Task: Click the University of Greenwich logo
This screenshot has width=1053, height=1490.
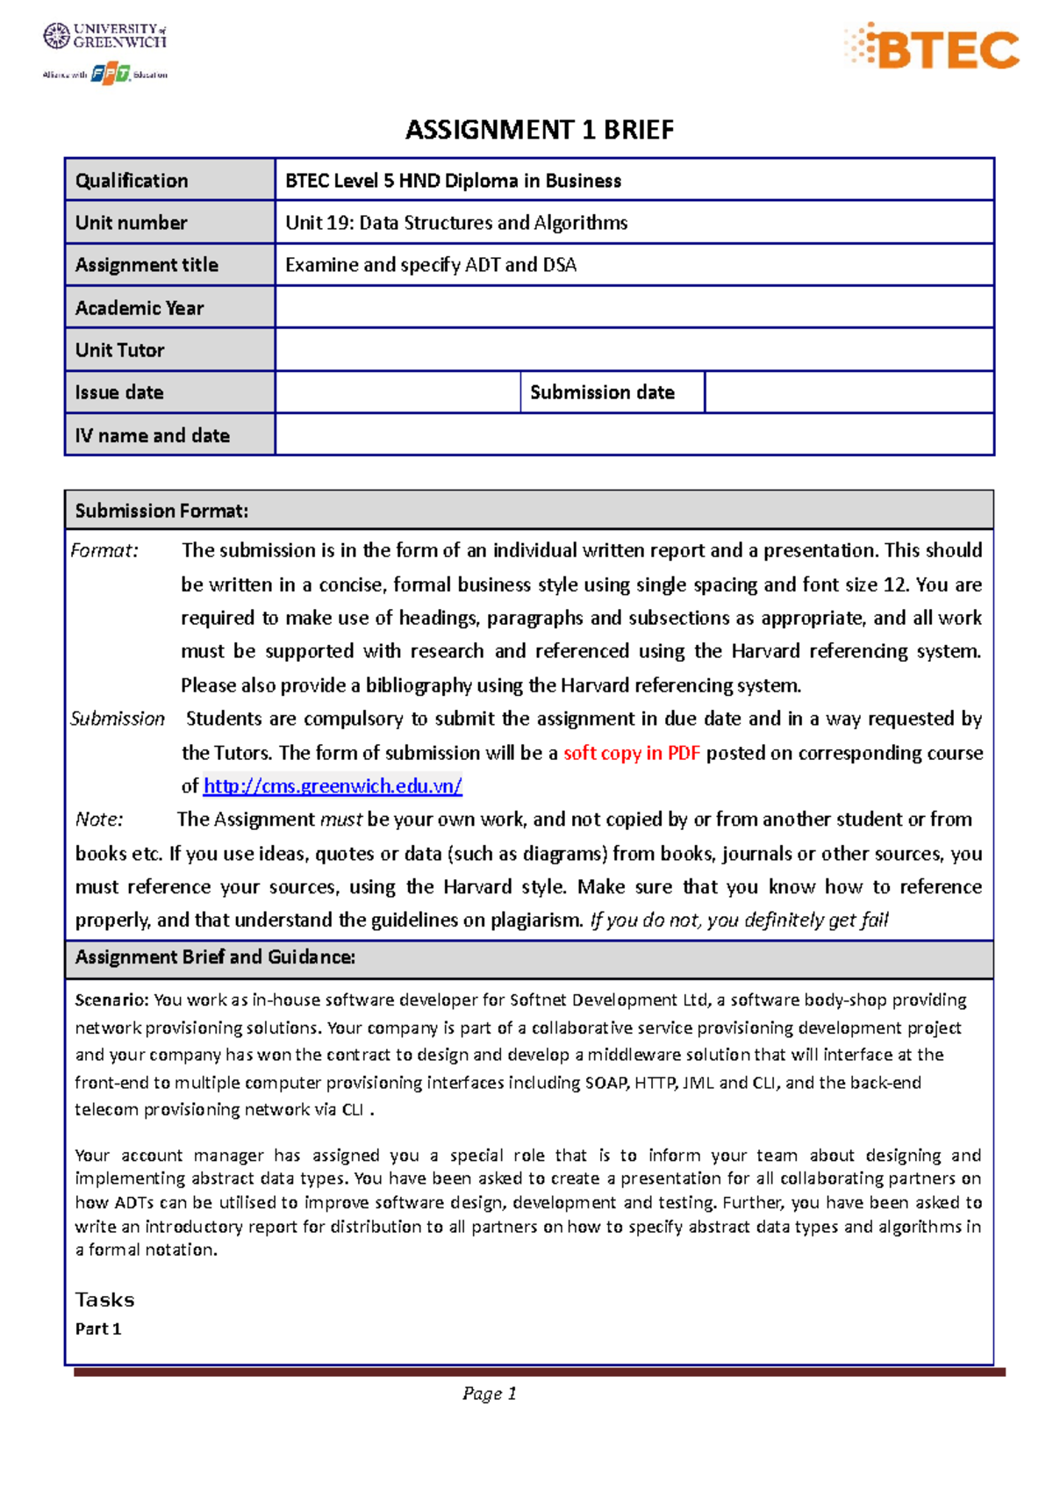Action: point(104,35)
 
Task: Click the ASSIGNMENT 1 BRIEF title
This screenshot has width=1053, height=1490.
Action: point(539,130)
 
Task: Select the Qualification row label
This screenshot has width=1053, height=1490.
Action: point(132,181)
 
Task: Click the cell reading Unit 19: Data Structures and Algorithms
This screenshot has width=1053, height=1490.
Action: point(456,223)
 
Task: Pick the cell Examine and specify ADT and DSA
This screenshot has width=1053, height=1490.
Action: point(431,265)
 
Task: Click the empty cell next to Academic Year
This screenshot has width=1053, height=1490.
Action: point(634,308)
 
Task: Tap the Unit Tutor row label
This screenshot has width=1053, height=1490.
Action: point(120,350)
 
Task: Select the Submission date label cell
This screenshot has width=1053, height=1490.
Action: point(603,392)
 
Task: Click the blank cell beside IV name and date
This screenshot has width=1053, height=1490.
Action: point(634,435)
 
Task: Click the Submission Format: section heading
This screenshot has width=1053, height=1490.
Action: point(161,511)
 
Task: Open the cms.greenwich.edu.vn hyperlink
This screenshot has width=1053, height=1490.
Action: point(333,786)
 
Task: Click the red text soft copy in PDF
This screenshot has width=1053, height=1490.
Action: point(631,753)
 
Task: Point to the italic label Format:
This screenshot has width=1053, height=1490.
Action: point(104,551)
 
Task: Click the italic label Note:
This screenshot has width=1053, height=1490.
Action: point(99,820)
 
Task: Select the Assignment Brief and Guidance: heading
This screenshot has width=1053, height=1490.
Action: point(215,957)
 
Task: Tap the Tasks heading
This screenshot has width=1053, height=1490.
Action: point(104,1300)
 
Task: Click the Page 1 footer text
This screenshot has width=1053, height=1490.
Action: point(489,1393)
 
